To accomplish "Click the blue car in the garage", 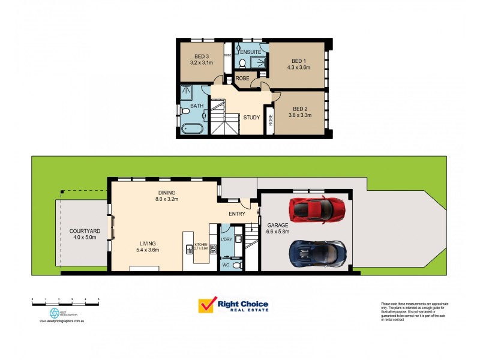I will click(317, 252).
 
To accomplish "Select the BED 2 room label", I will click(299, 109).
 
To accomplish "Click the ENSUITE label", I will click(251, 52).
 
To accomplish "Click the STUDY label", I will click(251, 117).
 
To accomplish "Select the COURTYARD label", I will click(84, 230).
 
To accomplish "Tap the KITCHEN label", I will click(200, 244).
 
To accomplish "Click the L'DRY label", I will click(226, 239).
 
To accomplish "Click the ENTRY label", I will click(237, 214).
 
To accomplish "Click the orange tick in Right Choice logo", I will click(206, 306).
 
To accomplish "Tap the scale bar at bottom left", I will click(65, 299).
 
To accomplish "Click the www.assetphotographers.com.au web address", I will click(65, 321).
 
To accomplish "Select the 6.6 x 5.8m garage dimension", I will click(278, 232).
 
